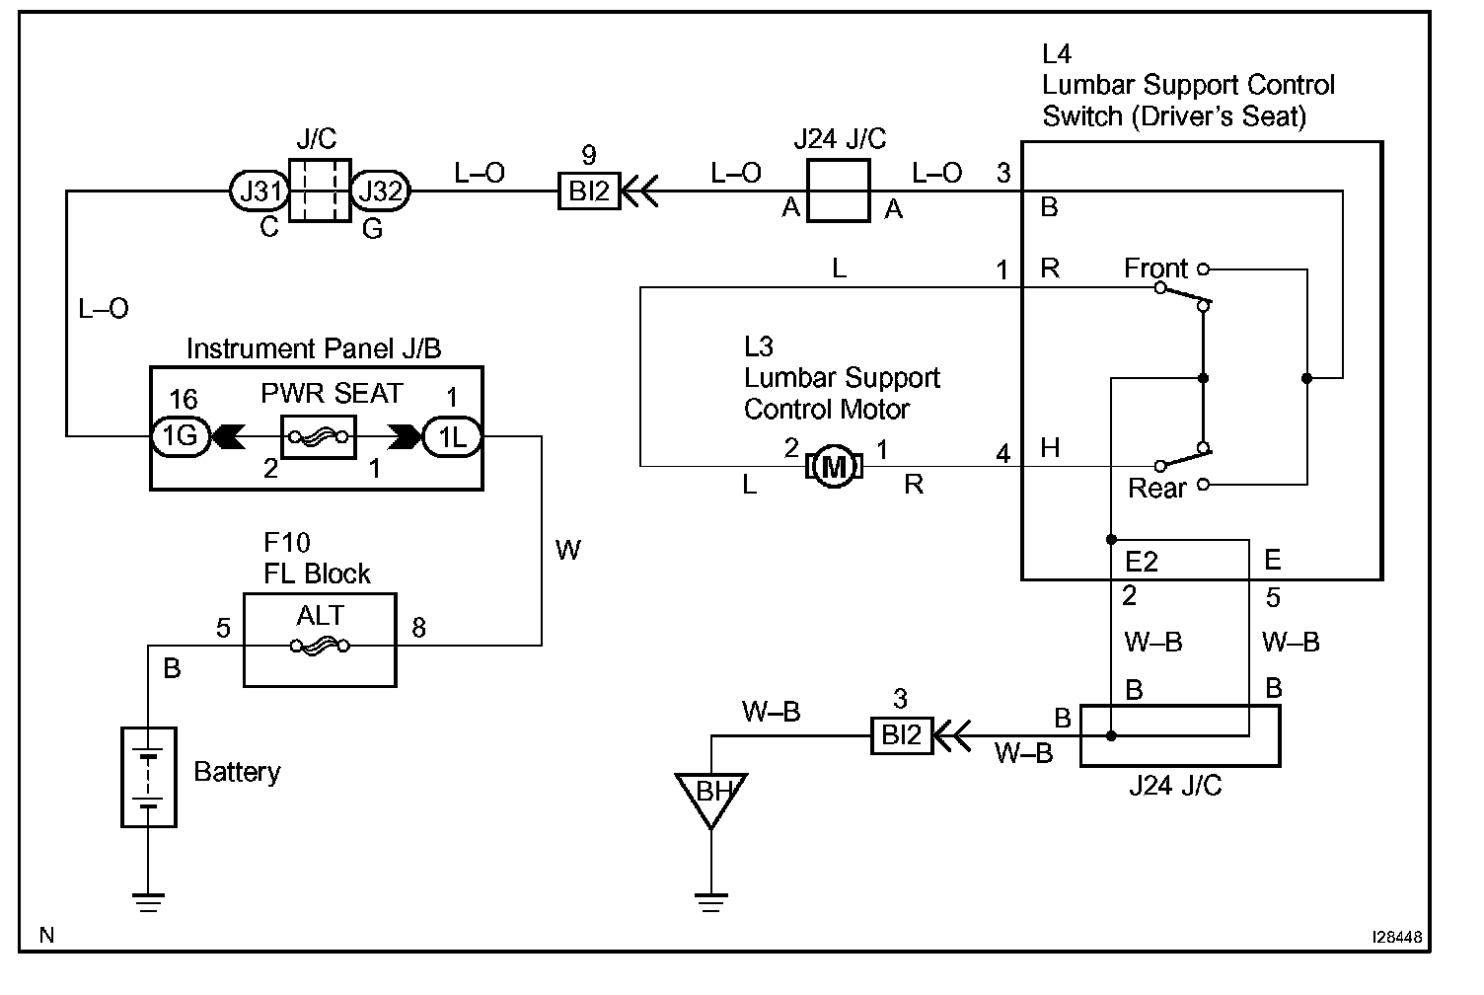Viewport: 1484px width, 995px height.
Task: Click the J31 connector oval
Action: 260,191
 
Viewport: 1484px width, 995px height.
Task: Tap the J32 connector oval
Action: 380,191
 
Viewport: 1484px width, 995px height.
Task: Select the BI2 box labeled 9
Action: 589,191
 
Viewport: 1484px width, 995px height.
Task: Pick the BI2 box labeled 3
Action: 901,735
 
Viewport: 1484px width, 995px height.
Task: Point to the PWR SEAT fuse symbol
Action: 319,437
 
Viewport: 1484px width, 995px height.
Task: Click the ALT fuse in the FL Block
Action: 320,646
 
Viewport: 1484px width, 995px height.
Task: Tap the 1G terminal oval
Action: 181,437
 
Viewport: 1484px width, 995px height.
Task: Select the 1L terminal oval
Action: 452,437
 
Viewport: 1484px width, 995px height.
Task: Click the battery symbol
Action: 148,776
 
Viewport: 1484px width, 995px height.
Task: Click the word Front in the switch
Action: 1156,268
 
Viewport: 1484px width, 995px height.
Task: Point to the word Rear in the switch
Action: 1157,488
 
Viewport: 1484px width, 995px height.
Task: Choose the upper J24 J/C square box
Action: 839,191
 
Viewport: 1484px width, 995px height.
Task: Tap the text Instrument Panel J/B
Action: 314,348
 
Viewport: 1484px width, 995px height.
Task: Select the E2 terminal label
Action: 1142,562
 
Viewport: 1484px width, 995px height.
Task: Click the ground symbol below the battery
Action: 148,900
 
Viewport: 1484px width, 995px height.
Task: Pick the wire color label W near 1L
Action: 568,550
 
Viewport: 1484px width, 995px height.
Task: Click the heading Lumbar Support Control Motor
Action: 841,378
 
